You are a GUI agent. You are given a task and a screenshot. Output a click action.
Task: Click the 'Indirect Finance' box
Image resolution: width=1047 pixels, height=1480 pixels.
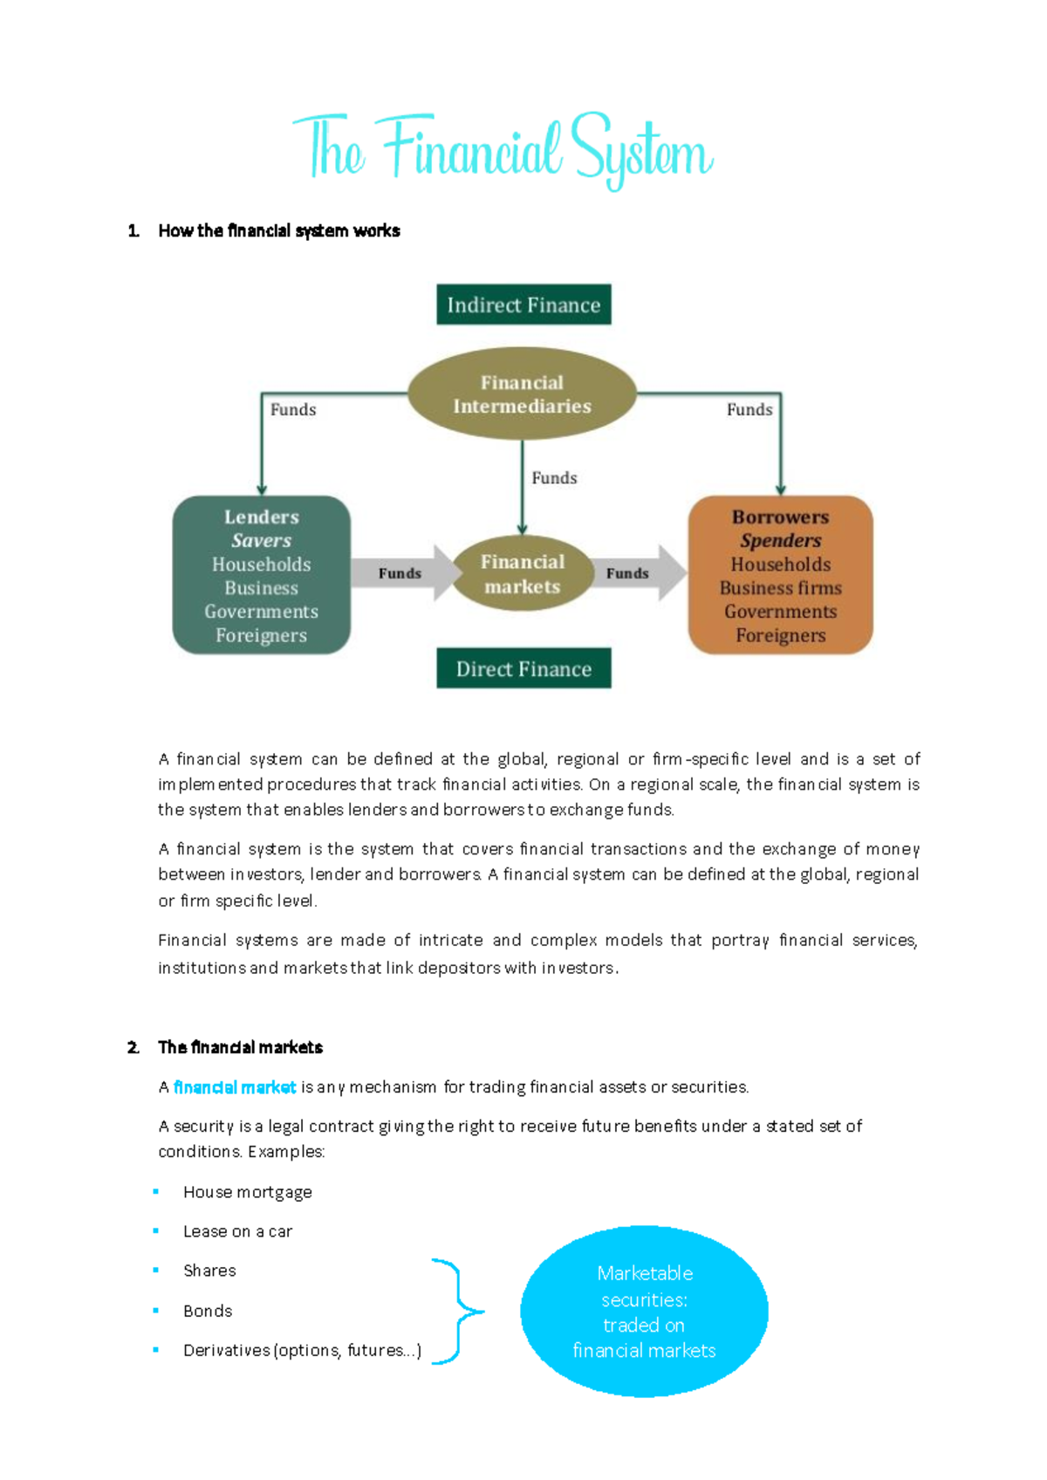coord(523,305)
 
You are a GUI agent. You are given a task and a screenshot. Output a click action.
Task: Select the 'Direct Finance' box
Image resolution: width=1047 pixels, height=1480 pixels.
coord(523,668)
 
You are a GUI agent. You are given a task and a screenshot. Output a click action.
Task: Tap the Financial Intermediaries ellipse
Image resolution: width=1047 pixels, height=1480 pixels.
coord(522,394)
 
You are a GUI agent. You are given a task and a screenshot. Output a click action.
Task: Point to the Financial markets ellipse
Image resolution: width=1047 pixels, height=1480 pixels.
coord(522,573)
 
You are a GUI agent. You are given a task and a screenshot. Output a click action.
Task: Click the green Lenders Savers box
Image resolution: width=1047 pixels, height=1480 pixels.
coord(261,575)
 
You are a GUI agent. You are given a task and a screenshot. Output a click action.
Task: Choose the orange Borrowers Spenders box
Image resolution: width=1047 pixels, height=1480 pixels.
coord(780,575)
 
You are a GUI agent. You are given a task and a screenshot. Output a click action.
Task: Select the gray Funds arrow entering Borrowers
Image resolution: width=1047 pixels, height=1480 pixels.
coord(635,572)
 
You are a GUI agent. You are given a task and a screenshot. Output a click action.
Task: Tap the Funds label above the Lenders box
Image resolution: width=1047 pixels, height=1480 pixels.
coord(293,409)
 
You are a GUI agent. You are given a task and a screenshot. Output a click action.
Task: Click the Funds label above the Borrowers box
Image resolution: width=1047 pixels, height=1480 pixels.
coord(749,409)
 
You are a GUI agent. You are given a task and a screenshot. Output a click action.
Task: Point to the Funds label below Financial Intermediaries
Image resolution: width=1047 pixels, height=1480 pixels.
coord(554,477)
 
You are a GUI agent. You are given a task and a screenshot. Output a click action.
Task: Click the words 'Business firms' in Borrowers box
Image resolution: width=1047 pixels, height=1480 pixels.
coord(780,587)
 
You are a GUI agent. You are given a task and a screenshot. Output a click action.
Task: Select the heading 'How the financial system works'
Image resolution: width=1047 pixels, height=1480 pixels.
coord(278,230)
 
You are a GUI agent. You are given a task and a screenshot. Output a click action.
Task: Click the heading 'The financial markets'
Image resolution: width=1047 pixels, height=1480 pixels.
coord(240,1047)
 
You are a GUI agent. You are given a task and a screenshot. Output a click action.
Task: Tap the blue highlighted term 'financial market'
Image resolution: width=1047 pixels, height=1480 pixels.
coord(235,1087)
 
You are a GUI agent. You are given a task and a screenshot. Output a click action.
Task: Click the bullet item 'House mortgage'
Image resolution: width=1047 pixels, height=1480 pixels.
coord(247,1192)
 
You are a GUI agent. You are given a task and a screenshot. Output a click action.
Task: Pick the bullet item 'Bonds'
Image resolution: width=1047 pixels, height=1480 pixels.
coord(208,1311)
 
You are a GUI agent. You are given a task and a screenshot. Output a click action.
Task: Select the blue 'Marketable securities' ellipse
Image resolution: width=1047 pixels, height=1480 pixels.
coord(644,1311)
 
